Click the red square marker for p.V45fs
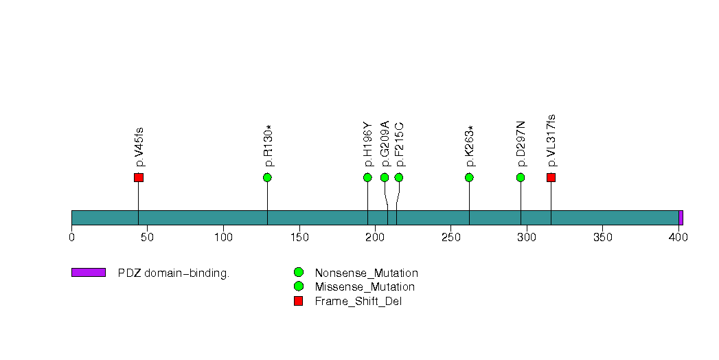pyautogui.click(x=139, y=177)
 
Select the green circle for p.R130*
pyautogui.click(x=267, y=177)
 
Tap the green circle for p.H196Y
pyautogui.click(x=367, y=177)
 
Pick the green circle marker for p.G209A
pyautogui.click(x=385, y=177)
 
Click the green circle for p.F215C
pyautogui.click(x=399, y=177)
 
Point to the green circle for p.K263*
pyautogui.click(x=469, y=177)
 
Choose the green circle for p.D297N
pyautogui.click(x=521, y=177)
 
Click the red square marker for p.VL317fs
pyautogui.click(x=551, y=177)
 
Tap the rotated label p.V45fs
pyautogui.click(x=139, y=147)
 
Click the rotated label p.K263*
pyautogui.click(x=470, y=146)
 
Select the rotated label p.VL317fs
pyautogui.click(x=551, y=141)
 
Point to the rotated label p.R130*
pyautogui.click(x=269, y=146)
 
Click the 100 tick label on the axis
pyautogui.click(x=223, y=237)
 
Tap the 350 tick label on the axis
pyautogui.click(x=602, y=237)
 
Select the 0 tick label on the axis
pyautogui.click(x=72, y=237)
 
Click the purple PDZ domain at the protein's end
pyautogui.click(x=681, y=218)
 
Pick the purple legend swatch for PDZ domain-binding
pyautogui.click(x=89, y=273)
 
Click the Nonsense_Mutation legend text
pyautogui.click(x=367, y=273)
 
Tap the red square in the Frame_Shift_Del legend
pyautogui.click(x=299, y=301)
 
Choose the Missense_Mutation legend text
pyautogui.click(x=365, y=287)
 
